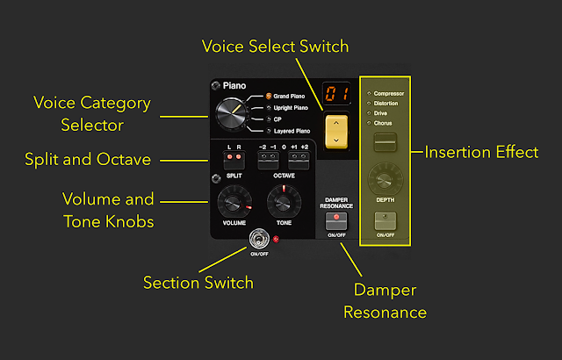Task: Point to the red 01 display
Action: point(334,94)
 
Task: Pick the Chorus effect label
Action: point(383,122)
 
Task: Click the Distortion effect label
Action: point(386,103)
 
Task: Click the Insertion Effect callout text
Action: point(481,152)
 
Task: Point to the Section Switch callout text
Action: point(198,282)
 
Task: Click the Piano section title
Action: point(234,86)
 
